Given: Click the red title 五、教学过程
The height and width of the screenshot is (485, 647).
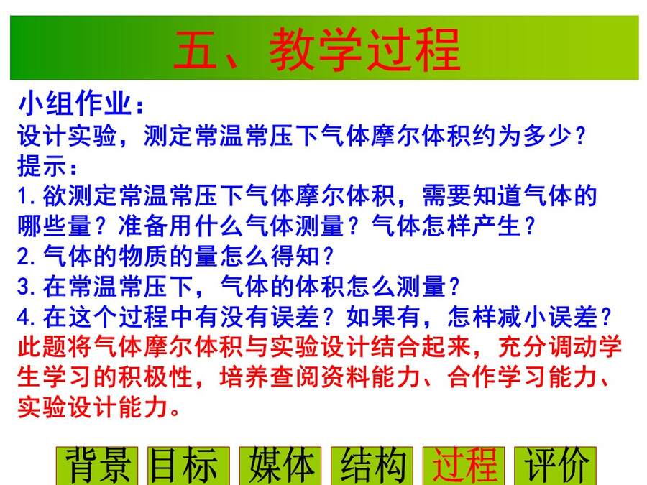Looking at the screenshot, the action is (x=317, y=49).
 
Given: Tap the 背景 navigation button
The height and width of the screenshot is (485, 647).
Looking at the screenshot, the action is (x=97, y=466).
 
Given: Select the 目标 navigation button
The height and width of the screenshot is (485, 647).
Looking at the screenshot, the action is (x=189, y=466).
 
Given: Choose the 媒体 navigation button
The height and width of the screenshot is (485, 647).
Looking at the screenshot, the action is (x=280, y=466).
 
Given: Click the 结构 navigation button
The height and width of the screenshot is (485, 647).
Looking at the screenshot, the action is (x=372, y=466).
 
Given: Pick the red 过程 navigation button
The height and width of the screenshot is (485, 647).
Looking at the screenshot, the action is (x=464, y=466).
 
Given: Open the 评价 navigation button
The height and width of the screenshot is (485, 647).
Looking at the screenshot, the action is (x=556, y=466).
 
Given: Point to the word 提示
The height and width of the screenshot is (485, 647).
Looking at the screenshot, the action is (x=42, y=166).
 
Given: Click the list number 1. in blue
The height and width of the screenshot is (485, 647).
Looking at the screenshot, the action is (x=27, y=196).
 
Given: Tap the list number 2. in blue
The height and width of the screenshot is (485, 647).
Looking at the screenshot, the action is (x=27, y=257).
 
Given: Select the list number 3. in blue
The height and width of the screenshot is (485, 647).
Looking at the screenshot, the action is (x=27, y=287).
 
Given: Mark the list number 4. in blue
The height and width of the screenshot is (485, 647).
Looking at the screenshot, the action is (x=27, y=317).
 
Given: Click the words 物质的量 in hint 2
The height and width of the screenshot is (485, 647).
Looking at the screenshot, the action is (x=168, y=256).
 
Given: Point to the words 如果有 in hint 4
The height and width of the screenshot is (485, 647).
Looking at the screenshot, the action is (x=383, y=316).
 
